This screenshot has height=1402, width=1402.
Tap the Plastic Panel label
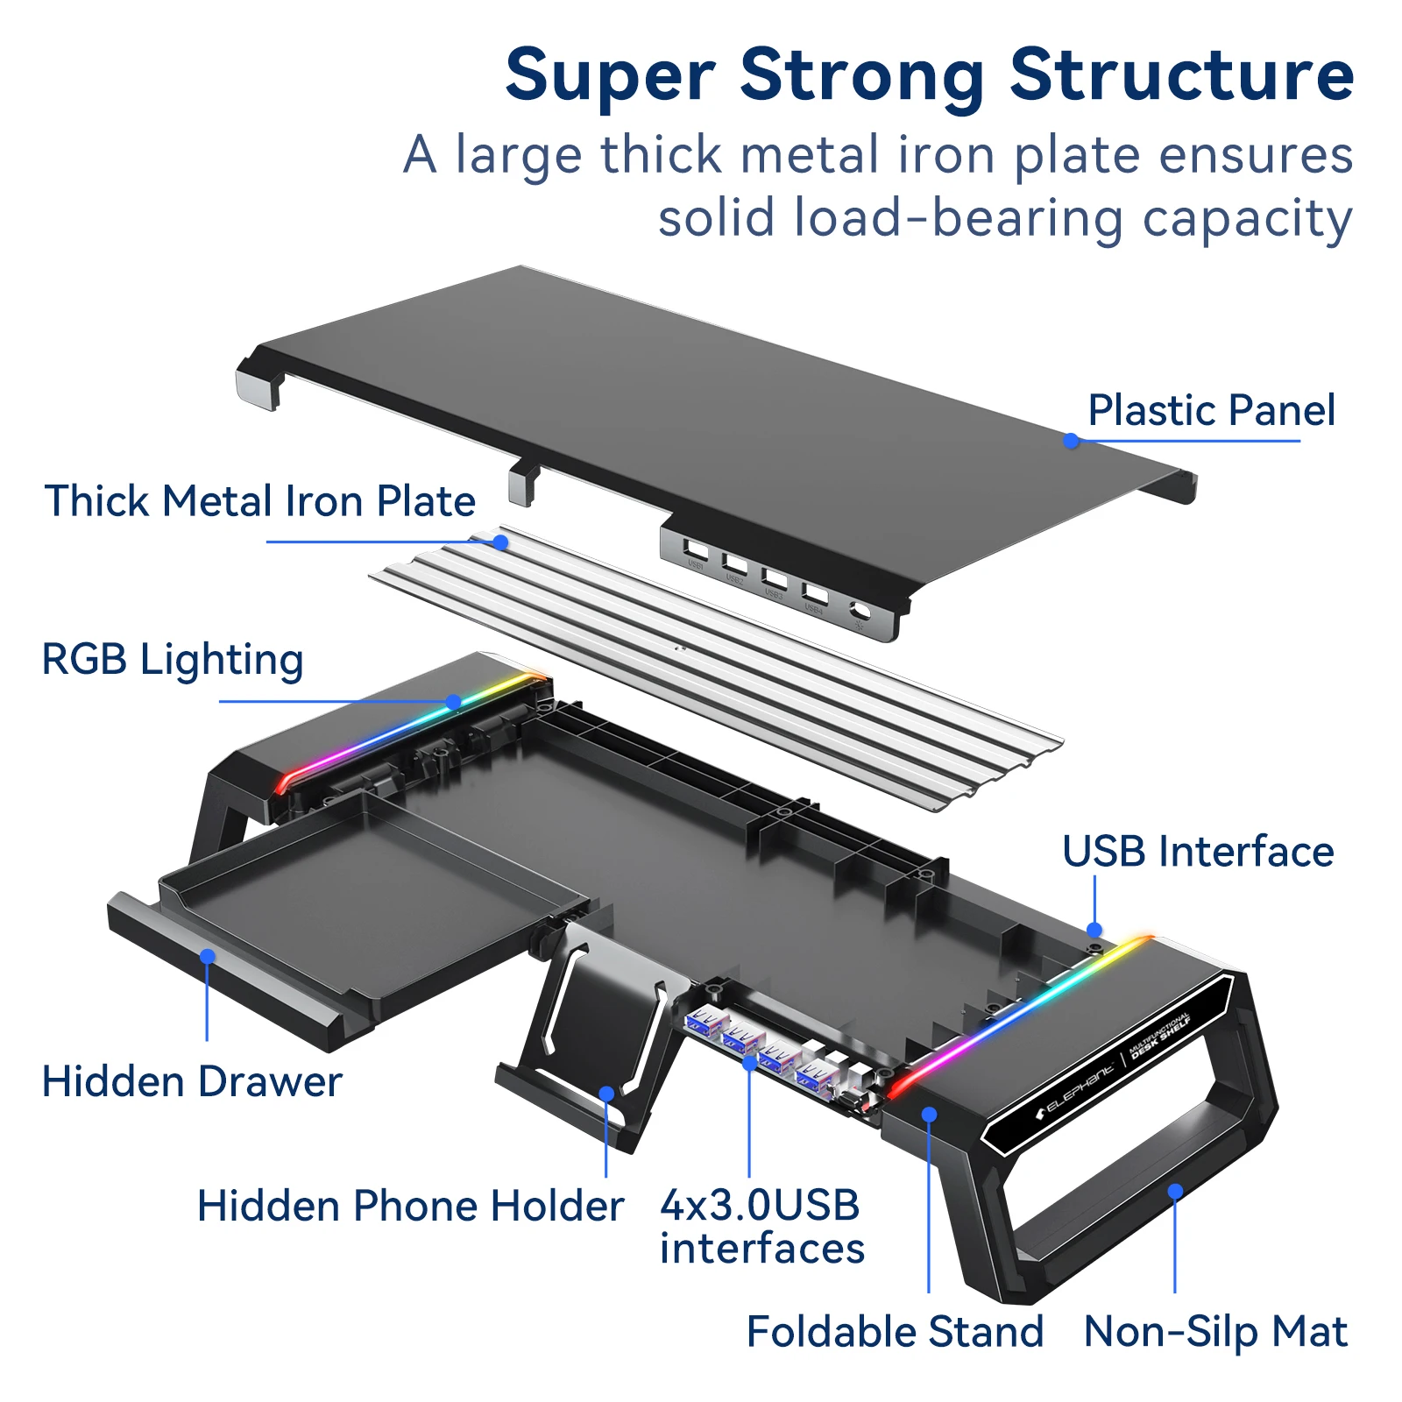(1211, 410)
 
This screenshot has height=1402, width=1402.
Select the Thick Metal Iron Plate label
(260, 501)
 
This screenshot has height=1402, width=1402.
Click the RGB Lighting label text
(173, 659)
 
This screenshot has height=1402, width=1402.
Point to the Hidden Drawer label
(192, 1081)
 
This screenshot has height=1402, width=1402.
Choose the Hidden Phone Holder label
(410, 1206)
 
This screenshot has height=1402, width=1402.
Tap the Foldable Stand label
(895, 1332)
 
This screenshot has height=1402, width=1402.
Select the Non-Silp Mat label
(1215, 1332)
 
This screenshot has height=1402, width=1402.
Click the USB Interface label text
(1198, 852)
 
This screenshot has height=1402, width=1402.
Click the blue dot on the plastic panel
(1071, 441)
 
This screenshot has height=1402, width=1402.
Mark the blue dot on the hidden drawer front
(208, 956)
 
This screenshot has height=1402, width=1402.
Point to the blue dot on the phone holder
(606, 1094)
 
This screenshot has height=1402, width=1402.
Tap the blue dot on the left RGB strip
(453, 702)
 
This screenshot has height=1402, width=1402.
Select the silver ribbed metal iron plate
(714, 666)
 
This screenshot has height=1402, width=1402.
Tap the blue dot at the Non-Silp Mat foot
(1175, 1191)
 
